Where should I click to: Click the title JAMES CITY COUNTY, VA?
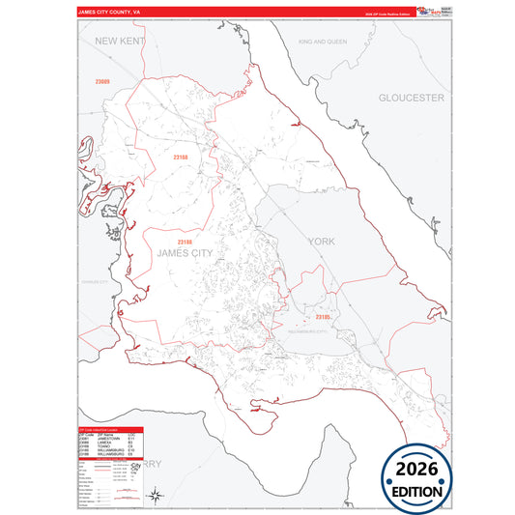(x=109, y=13)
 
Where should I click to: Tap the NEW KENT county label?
(x=119, y=42)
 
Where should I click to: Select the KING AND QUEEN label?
(x=322, y=43)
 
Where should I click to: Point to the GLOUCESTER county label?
(x=411, y=98)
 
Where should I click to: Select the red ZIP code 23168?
(x=180, y=157)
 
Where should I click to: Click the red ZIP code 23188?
(x=186, y=243)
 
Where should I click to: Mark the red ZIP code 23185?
(x=324, y=316)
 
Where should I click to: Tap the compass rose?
(x=154, y=496)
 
